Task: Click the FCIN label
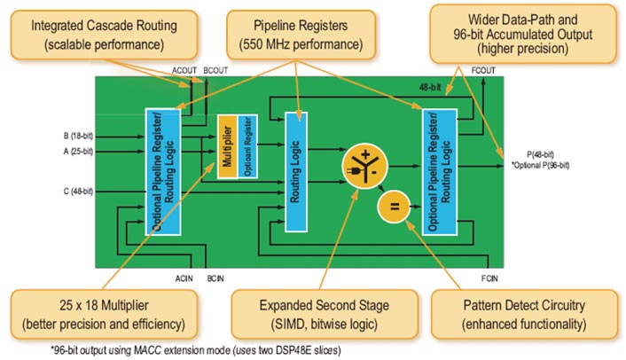pyautogui.click(x=489, y=278)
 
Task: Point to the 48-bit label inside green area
pyautogui.click(x=433, y=88)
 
